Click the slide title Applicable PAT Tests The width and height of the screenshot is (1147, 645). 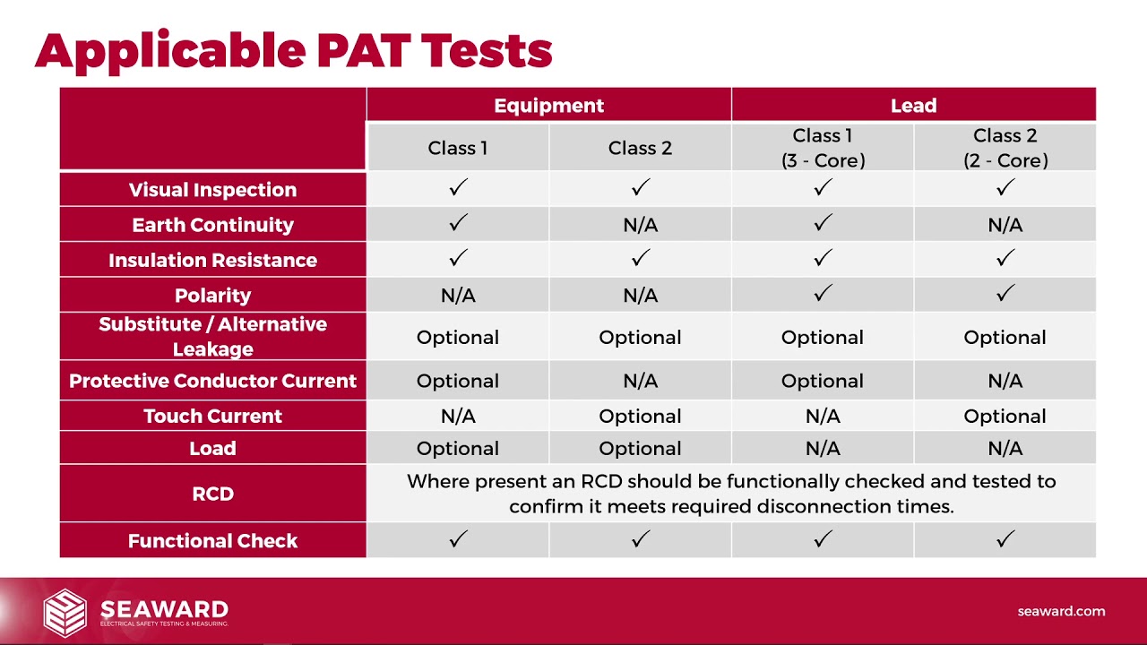click(x=293, y=51)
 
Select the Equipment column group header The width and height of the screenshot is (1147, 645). click(x=548, y=105)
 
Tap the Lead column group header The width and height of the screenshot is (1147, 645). click(x=913, y=105)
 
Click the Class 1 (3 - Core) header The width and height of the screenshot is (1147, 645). click(x=823, y=148)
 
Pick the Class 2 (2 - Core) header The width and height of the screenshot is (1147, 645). click(x=1005, y=148)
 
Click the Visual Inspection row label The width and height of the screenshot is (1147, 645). click(x=212, y=189)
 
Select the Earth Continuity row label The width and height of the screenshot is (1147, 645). click(x=212, y=225)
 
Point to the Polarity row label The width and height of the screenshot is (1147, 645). click(x=212, y=295)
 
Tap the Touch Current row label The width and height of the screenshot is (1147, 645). click(x=212, y=416)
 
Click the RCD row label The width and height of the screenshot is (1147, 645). click(x=212, y=494)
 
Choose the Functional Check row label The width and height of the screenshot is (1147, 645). click(x=212, y=540)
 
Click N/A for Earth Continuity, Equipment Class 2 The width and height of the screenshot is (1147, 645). click(x=640, y=226)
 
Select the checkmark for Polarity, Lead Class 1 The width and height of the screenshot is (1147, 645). click(x=823, y=293)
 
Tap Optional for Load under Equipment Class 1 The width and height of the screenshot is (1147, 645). click(x=458, y=448)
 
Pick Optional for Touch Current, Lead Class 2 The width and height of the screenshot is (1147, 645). click(x=1005, y=416)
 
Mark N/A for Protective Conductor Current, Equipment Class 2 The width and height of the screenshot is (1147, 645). click(x=640, y=381)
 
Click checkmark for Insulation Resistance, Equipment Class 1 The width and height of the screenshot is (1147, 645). click(x=458, y=258)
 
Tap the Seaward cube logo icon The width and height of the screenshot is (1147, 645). click(x=65, y=611)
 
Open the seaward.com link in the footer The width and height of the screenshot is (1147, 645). click(x=1061, y=611)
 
